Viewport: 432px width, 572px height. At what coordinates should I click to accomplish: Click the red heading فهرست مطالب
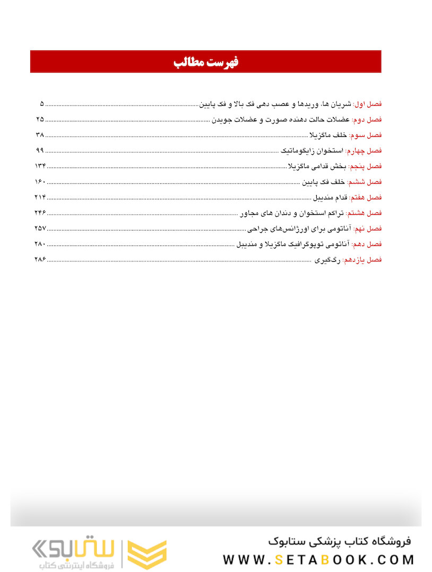206,62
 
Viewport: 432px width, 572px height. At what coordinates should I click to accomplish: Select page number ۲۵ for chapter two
40,119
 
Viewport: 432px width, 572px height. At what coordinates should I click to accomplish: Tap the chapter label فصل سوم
366,135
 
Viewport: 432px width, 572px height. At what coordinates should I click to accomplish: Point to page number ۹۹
40,151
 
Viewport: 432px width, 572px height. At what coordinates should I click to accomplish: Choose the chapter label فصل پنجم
365,166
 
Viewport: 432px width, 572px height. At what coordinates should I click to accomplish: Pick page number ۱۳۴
40,166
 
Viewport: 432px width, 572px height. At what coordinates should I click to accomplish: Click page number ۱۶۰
40,182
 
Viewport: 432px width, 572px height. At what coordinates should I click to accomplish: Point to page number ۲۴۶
40,213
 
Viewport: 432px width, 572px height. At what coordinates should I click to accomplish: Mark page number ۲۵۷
40,228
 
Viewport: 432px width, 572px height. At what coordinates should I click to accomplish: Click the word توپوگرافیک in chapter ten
301,244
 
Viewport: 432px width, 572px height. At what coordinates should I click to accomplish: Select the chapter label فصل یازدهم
363,260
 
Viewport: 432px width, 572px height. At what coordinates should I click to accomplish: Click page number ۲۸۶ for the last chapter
40,260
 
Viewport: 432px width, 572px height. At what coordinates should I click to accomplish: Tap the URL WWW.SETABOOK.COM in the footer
318,559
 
